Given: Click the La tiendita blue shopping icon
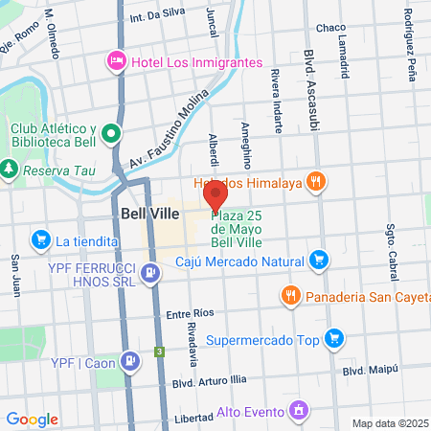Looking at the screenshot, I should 40,238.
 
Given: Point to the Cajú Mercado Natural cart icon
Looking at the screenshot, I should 319,259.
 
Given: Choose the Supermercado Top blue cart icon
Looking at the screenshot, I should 333,338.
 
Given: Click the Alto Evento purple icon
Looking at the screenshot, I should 299,411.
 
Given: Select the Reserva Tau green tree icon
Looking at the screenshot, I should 10,169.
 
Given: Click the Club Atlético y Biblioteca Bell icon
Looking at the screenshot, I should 111,135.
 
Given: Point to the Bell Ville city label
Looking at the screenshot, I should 147,214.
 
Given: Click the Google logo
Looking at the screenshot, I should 32,419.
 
